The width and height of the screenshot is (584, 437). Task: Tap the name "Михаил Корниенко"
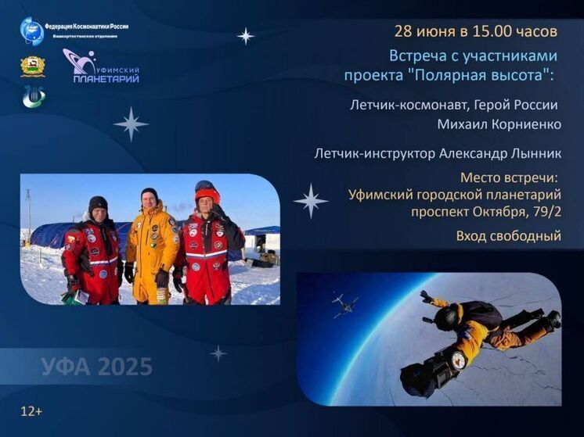[x=499, y=124]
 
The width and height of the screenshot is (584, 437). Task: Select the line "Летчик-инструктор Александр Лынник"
[x=438, y=154]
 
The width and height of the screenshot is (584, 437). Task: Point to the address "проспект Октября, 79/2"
[x=486, y=211]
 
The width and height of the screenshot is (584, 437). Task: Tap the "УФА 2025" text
[x=97, y=366]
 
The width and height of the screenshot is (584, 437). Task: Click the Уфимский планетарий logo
[x=102, y=66]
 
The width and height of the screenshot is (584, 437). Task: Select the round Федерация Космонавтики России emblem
[x=32, y=30]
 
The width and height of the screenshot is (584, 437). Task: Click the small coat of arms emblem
[x=32, y=66]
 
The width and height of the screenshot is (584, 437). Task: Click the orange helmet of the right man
[x=207, y=194]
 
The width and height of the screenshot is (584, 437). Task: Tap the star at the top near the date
[x=246, y=35]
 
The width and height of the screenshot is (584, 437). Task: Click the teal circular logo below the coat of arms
[x=33, y=97]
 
